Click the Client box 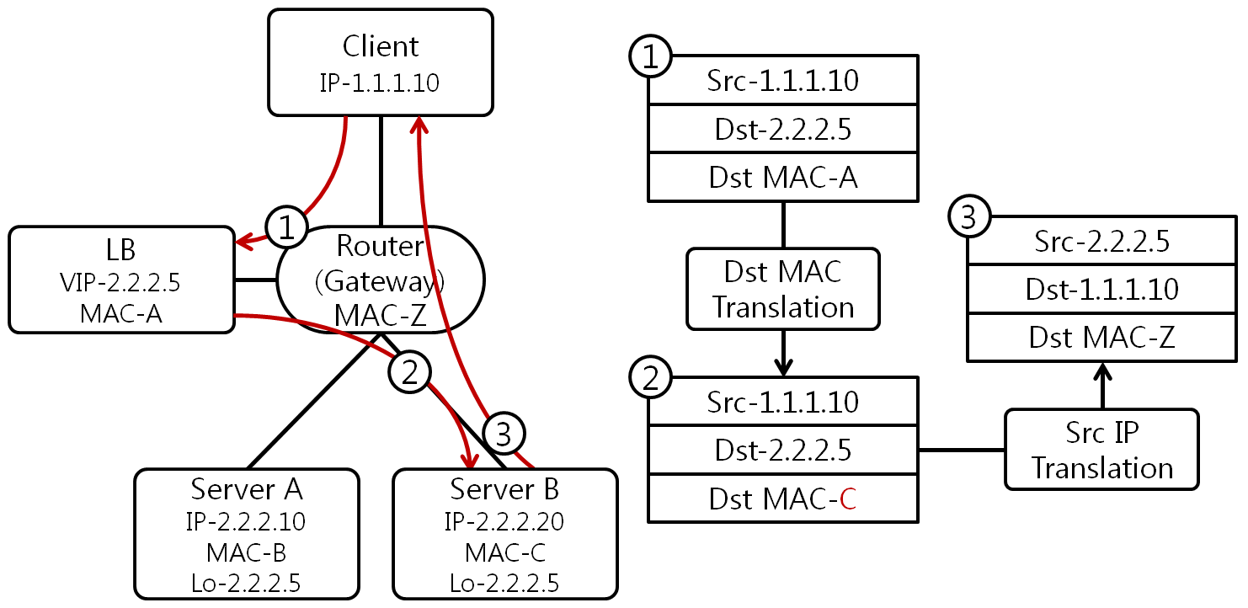point(381,62)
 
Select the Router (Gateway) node point(381,279)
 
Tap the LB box point(121,280)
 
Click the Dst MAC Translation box point(783,289)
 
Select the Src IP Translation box point(1101,450)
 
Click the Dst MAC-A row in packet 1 point(783,177)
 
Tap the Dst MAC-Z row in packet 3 point(1101,338)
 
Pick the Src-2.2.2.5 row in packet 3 point(1101,242)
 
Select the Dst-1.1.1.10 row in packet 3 point(1101,290)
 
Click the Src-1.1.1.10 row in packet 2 point(783,402)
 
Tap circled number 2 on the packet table point(650,380)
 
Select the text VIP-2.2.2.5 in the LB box point(121,281)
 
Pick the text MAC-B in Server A point(246,552)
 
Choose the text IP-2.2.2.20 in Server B point(504,522)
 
